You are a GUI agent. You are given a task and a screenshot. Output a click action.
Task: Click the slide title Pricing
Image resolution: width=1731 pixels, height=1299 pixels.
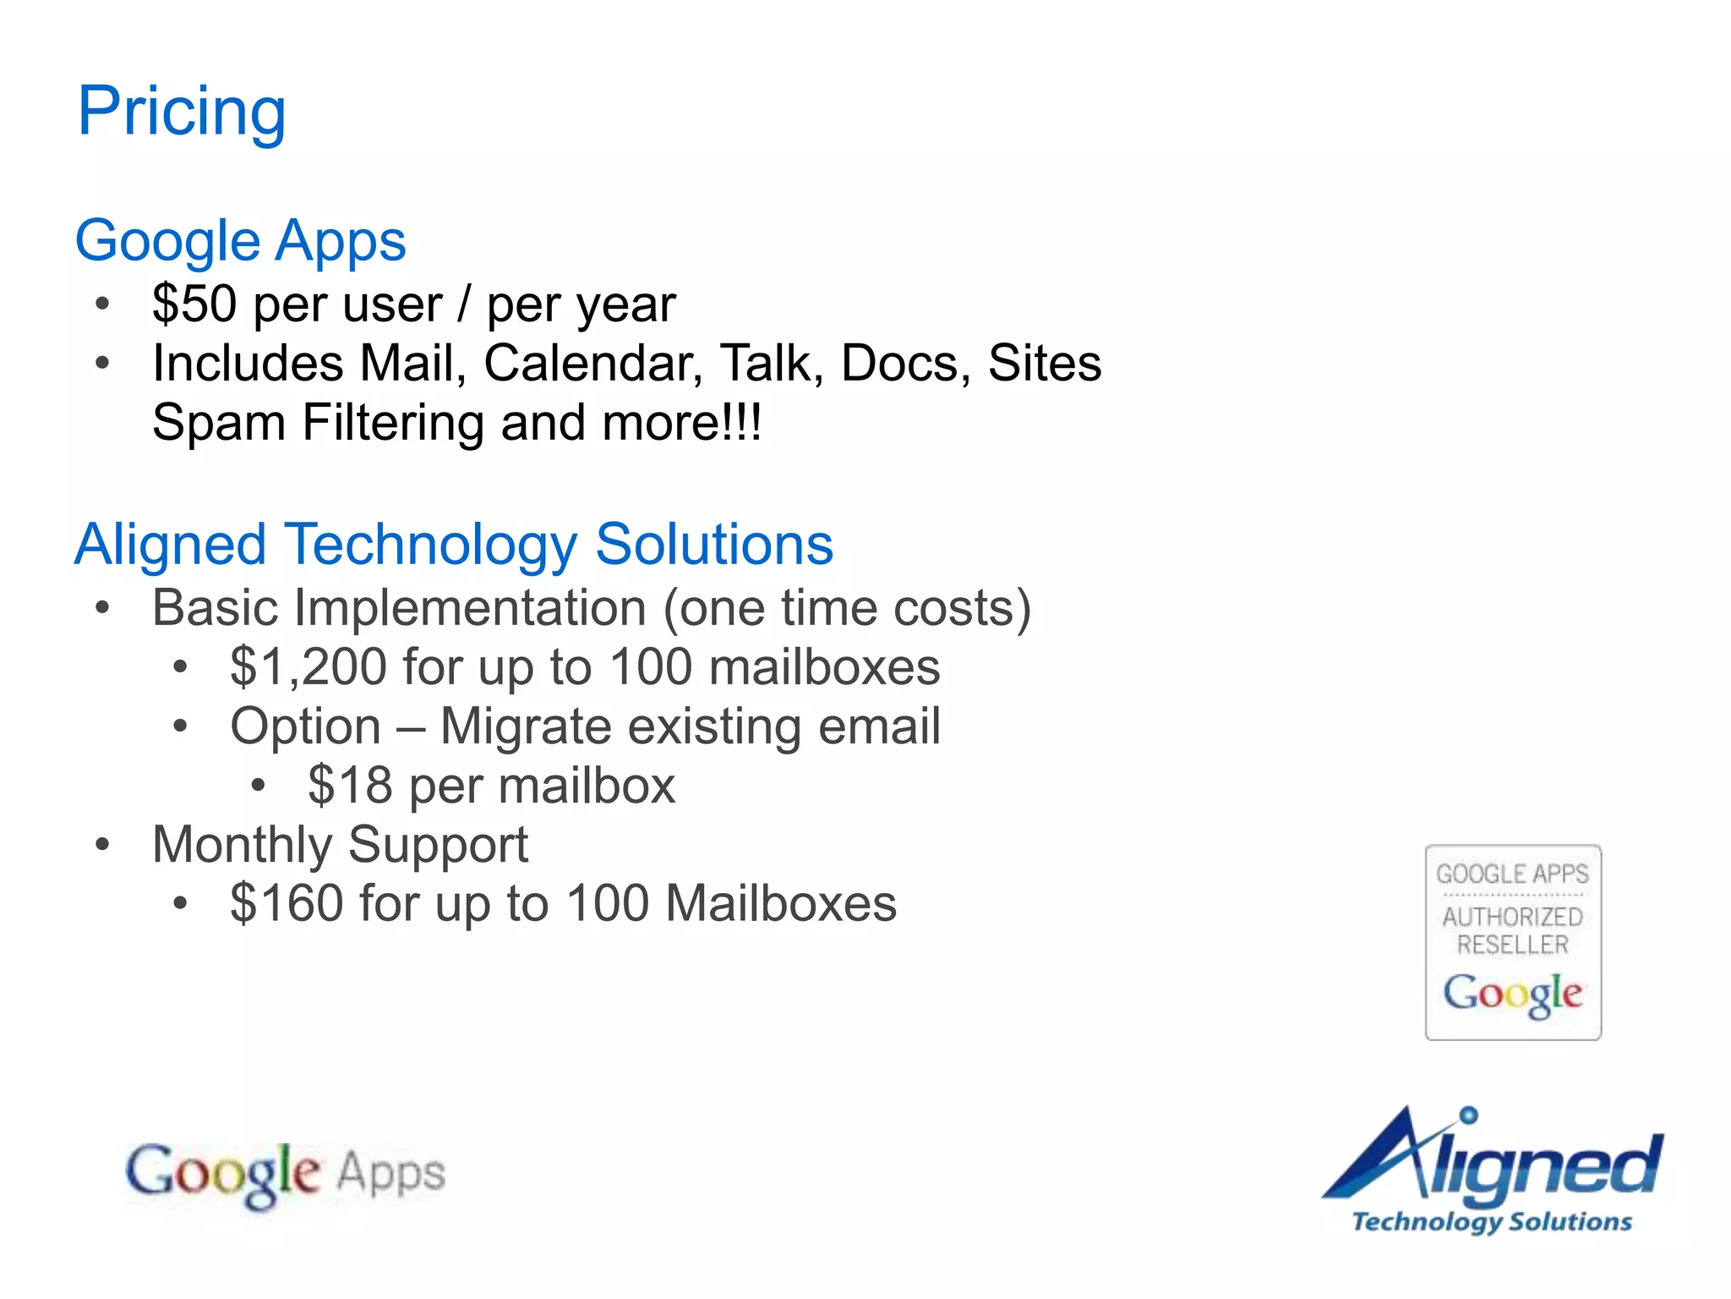click(182, 112)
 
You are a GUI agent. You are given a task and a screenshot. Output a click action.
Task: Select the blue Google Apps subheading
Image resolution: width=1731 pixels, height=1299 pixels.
click(241, 241)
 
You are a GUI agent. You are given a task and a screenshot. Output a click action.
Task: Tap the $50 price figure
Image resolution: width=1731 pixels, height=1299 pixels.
click(194, 304)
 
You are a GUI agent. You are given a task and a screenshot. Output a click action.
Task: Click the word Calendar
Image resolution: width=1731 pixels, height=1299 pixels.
click(592, 364)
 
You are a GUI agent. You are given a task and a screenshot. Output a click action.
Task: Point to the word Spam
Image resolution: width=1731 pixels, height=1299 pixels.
click(219, 423)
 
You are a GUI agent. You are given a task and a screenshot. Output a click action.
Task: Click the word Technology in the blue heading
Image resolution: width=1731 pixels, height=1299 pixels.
click(431, 545)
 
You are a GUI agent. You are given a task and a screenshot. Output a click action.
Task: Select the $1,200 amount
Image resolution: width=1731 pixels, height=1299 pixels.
click(309, 666)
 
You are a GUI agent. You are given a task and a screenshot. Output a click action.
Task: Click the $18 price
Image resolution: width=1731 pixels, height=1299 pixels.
click(350, 786)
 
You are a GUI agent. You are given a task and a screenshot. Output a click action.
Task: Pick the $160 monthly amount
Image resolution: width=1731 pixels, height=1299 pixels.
click(287, 903)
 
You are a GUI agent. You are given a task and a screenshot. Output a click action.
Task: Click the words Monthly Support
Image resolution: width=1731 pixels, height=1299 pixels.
click(340, 845)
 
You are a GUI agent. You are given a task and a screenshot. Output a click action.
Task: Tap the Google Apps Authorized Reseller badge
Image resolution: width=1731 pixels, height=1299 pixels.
click(1513, 942)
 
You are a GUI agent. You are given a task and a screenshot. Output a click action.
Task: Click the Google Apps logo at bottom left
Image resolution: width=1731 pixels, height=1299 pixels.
click(286, 1174)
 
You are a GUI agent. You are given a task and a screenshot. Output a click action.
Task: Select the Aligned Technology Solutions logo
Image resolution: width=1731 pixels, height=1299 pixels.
click(1493, 1171)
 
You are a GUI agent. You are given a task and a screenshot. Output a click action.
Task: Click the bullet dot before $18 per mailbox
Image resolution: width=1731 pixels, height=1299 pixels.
click(259, 786)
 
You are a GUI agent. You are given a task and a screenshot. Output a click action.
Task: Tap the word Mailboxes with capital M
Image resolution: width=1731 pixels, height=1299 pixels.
click(781, 903)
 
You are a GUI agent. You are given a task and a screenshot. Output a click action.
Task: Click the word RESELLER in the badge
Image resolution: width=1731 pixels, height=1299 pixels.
click(1513, 945)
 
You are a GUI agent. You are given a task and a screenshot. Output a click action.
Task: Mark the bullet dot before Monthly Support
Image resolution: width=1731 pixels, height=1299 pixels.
click(103, 844)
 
